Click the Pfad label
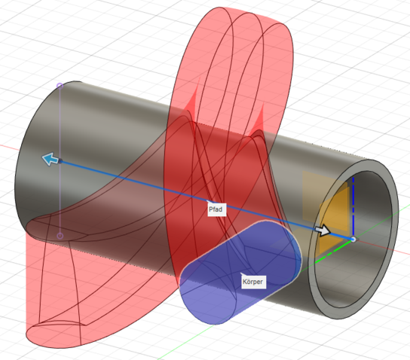coord(216,209)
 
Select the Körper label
coord(252,282)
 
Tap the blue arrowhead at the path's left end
coord(50,159)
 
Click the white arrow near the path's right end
coord(323,230)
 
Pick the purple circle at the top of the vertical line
coord(60,85)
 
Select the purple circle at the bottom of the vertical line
coord(60,236)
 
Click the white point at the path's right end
coord(353,239)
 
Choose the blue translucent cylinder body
coord(240,272)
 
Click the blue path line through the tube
coord(207,200)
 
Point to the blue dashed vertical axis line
coord(353,206)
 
